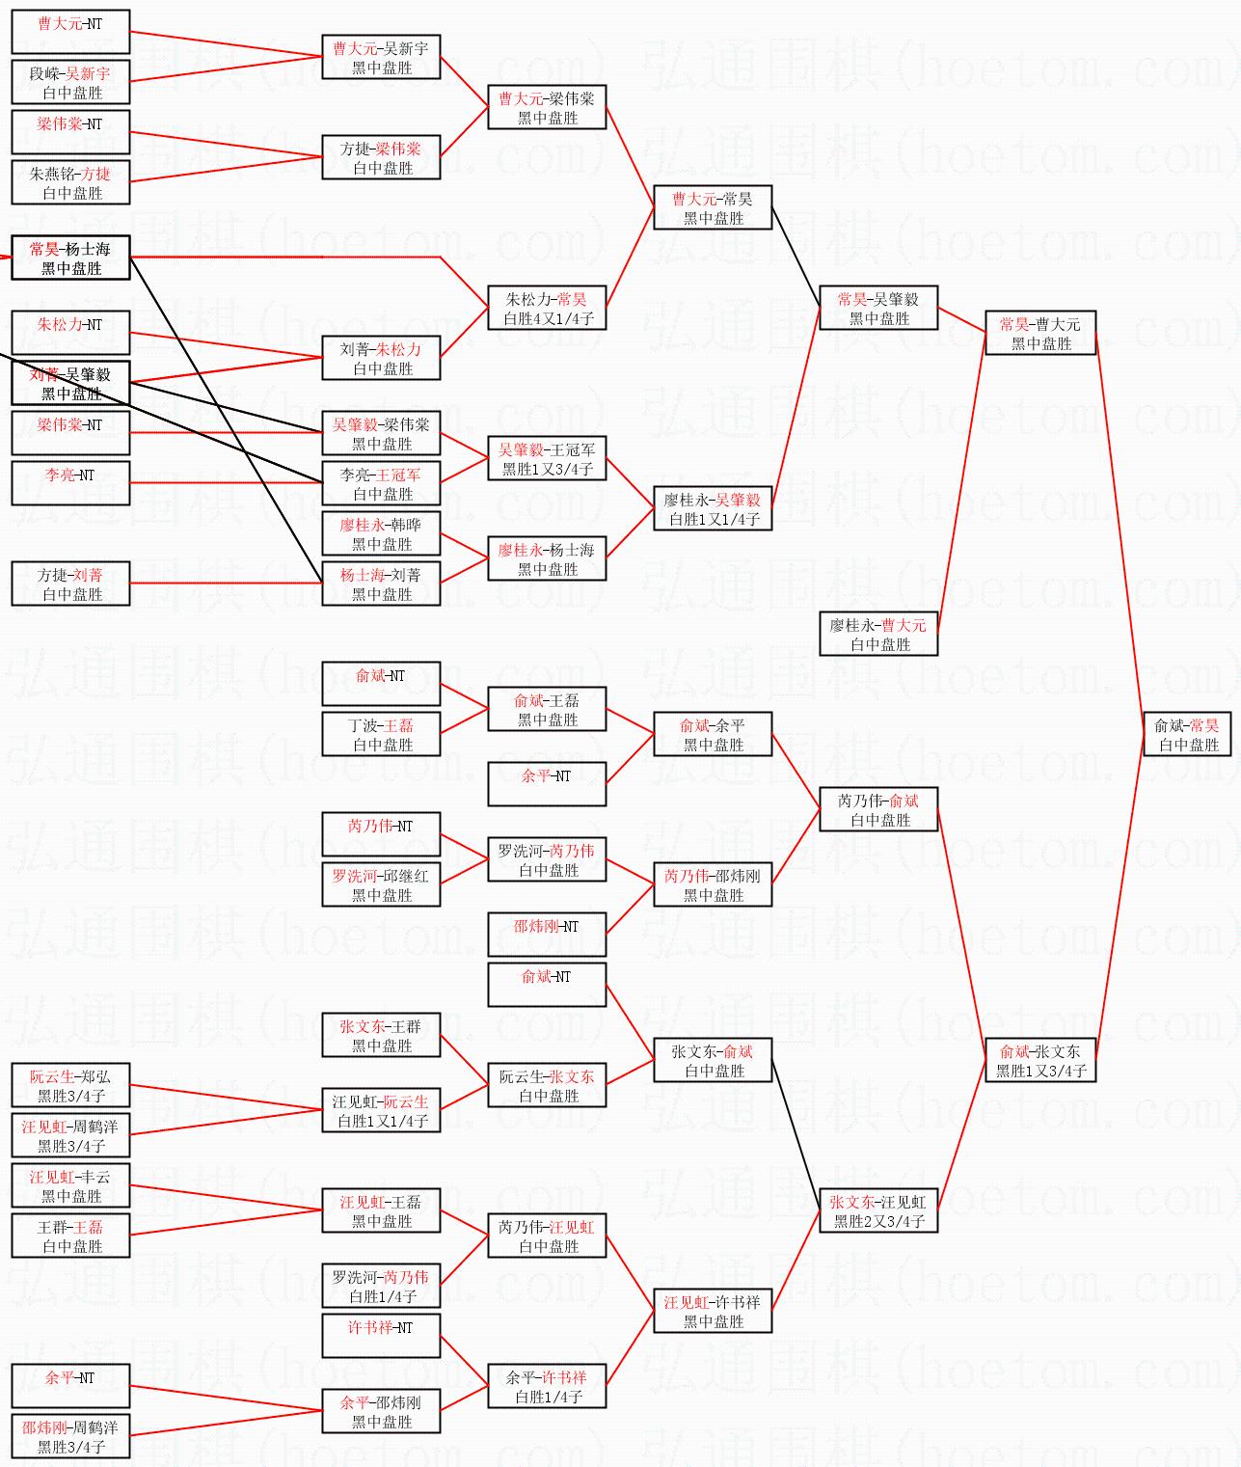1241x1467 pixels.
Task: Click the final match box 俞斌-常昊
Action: pos(1186,734)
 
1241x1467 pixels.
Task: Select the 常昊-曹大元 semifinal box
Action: pos(1040,333)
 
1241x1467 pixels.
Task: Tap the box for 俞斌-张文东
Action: pos(1040,1060)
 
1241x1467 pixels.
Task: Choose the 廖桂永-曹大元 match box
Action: pos(878,634)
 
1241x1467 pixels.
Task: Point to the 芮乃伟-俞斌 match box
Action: pos(878,809)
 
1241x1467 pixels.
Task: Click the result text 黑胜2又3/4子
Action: pos(878,1221)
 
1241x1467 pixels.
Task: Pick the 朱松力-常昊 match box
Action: pos(547,308)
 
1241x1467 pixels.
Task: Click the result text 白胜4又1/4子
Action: pos(548,318)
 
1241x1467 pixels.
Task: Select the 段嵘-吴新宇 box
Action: pos(70,82)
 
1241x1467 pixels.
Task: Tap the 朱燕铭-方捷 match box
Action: pos(70,182)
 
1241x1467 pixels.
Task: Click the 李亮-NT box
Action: pos(70,483)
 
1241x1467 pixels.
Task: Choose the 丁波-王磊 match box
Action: pos(381,734)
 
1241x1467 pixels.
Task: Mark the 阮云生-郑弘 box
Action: pos(70,1085)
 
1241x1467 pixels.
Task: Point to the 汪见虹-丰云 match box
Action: pos(70,1185)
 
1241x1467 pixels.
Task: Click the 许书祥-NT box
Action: pos(381,1336)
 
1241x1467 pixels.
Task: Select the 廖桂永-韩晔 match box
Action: pos(381,533)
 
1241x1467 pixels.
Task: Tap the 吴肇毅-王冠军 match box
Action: pos(547,458)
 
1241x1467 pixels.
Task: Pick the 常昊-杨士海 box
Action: pos(70,258)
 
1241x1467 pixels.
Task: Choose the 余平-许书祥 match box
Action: pos(547,1386)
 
